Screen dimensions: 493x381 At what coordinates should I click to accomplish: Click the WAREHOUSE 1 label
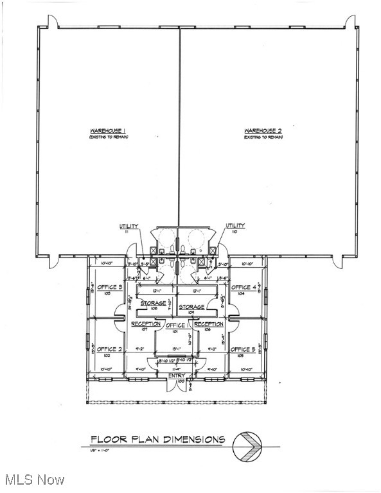(x=107, y=132)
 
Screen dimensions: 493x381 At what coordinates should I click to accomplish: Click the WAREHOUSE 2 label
(x=261, y=132)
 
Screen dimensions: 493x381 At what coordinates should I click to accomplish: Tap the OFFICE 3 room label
(x=110, y=288)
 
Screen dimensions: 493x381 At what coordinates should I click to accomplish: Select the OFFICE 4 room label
(x=244, y=288)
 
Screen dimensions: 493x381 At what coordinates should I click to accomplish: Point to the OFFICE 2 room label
(x=110, y=349)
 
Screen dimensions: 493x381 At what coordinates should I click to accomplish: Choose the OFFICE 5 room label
(x=244, y=349)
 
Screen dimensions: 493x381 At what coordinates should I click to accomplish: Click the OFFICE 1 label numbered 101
(x=177, y=327)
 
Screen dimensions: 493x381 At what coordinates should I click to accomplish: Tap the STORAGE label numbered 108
(x=154, y=303)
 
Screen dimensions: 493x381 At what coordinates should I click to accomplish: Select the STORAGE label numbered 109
(x=191, y=308)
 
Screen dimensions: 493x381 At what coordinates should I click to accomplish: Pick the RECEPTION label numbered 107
(x=146, y=325)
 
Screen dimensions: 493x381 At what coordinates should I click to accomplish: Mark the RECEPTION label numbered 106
(x=209, y=325)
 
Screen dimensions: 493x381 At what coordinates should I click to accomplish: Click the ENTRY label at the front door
(x=177, y=376)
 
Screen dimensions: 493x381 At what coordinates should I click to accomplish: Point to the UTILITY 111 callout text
(x=128, y=227)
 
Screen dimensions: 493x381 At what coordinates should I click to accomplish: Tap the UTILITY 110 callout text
(x=235, y=227)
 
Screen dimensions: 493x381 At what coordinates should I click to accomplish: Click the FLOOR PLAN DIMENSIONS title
(x=157, y=440)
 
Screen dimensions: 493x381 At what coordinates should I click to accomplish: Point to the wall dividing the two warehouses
(x=179, y=128)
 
